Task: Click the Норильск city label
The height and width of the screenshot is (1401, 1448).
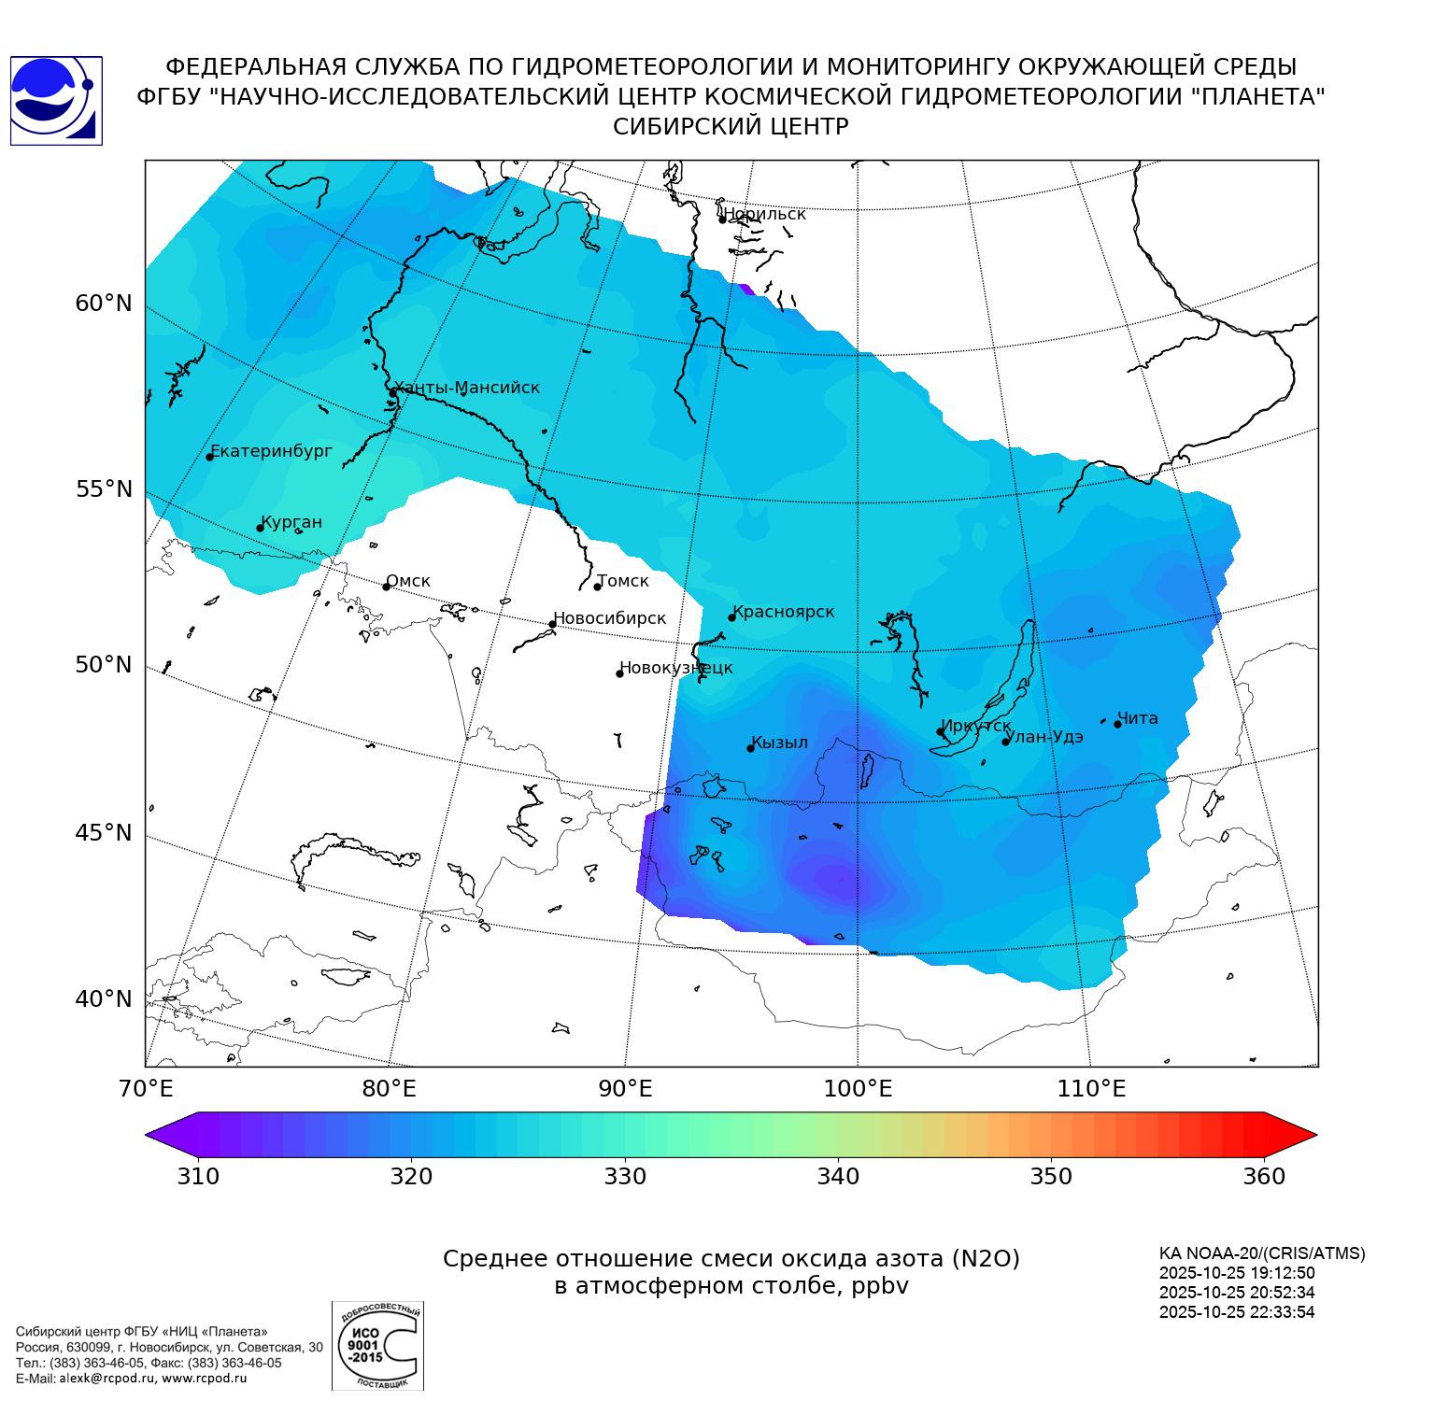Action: tap(764, 214)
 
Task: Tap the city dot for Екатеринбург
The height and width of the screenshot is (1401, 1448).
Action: tap(210, 456)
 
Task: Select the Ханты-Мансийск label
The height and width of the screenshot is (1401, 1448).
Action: tap(467, 388)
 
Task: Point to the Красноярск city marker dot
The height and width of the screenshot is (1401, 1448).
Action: tap(732, 617)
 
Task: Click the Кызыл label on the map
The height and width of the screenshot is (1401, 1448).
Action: tap(779, 743)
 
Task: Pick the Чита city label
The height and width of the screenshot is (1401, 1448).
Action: tap(1138, 718)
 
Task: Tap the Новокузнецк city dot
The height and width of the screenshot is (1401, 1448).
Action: tap(619, 673)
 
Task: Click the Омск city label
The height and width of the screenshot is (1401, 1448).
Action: tap(408, 581)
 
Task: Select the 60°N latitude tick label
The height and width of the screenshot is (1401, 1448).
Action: tap(104, 304)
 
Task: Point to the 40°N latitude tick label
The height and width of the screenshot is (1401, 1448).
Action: tap(104, 999)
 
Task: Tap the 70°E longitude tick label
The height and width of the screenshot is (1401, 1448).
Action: tap(145, 1089)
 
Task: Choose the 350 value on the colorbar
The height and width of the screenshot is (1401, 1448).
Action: tap(1051, 1176)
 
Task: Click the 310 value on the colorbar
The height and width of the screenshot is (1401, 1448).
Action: tap(198, 1176)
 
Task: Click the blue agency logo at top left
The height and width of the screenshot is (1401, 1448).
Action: tap(56, 101)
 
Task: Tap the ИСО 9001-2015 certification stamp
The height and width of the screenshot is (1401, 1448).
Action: tap(377, 1345)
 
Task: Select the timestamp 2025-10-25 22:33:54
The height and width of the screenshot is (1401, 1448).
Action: tap(1237, 1311)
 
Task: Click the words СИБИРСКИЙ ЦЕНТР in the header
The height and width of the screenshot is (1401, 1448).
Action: tap(731, 126)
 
